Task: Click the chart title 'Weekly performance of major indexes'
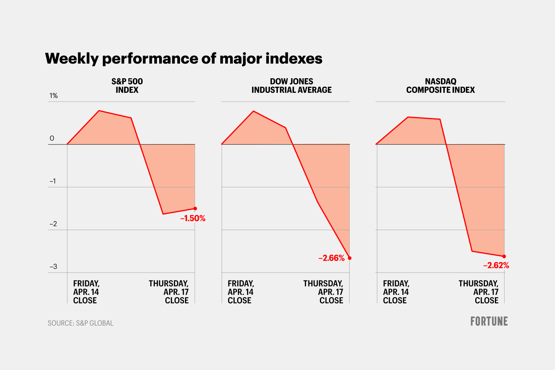pyautogui.click(x=183, y=59)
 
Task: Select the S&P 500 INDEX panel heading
pyautogui.click(x=127, y=86)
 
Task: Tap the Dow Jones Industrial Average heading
pyautogui.click(x=291, y=86)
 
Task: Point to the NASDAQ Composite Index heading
pyautogui.click(x=440, y=86)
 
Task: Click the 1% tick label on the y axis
pyautogui.click(x=54, y=96)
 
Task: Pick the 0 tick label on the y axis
pyautogui.click(x=52, y=138)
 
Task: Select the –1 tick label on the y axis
pyautogui.click(x=53, y=181)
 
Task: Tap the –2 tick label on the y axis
pyautogui.click(x=53, y=224)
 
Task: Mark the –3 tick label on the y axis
pyautogui.click(x=53, y=267)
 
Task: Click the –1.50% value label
pyautogui.click(x=193, y=219)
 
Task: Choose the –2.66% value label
pyautogui.click(x=331, y=258)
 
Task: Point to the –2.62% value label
pyautogui.click(x=496, y=266)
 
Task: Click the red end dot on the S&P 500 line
pyautogui.click(x=195, y=209)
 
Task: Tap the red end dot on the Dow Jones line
pyautogui.click(x=350, y=258)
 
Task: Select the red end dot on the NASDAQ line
pyautogui.click(x=504, y=256)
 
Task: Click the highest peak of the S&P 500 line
pyautogui.click(x=99, y=111)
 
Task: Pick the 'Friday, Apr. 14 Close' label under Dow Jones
pyautogui.click(x=240, y=292)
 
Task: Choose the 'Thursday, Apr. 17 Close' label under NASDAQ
pyautogui.click(x=478, y=292)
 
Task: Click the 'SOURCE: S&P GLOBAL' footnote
pyautogui.click(x=81, y=323)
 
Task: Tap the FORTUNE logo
pyautogui.click(x=489, y=321)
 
